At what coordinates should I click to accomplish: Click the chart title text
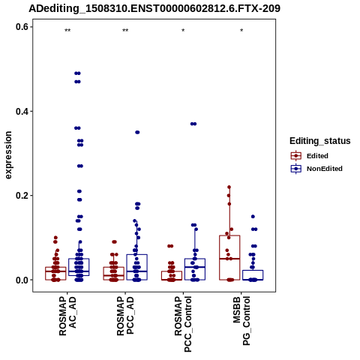tap(154, 8)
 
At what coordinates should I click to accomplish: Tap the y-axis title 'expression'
tap(8, 155)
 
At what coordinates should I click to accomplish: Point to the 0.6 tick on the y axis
tap(22, 27)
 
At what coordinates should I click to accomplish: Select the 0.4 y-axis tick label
tap(22, 111)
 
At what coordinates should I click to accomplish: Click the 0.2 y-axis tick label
tap(22, 196)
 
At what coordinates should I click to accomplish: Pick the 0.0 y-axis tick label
tap(22, 280)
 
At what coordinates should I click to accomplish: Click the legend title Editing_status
tap(320, 141)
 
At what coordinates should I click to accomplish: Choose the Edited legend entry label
tap(317, 156)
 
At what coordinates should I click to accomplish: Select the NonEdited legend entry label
tap(325, 169)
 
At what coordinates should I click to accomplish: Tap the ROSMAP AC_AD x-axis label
tap(67, 316)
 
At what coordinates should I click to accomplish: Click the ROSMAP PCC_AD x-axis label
tap(125, 316)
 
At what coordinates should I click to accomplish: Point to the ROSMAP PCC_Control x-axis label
tap(183, 324)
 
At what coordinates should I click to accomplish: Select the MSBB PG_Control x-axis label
tap(241, 321)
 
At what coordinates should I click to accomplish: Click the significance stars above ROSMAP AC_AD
tap(67, 31)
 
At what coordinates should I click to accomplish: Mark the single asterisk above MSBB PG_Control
tap(241, 31)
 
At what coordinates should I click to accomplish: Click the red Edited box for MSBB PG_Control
tap(229, 257)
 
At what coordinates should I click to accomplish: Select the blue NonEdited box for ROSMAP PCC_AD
tap(136, 267)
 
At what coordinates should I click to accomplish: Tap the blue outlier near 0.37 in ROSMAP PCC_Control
tap(193, 124)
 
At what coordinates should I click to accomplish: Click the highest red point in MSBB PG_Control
tap(229, 187)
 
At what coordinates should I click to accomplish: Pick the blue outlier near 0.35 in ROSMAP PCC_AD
tap(137, 132)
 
